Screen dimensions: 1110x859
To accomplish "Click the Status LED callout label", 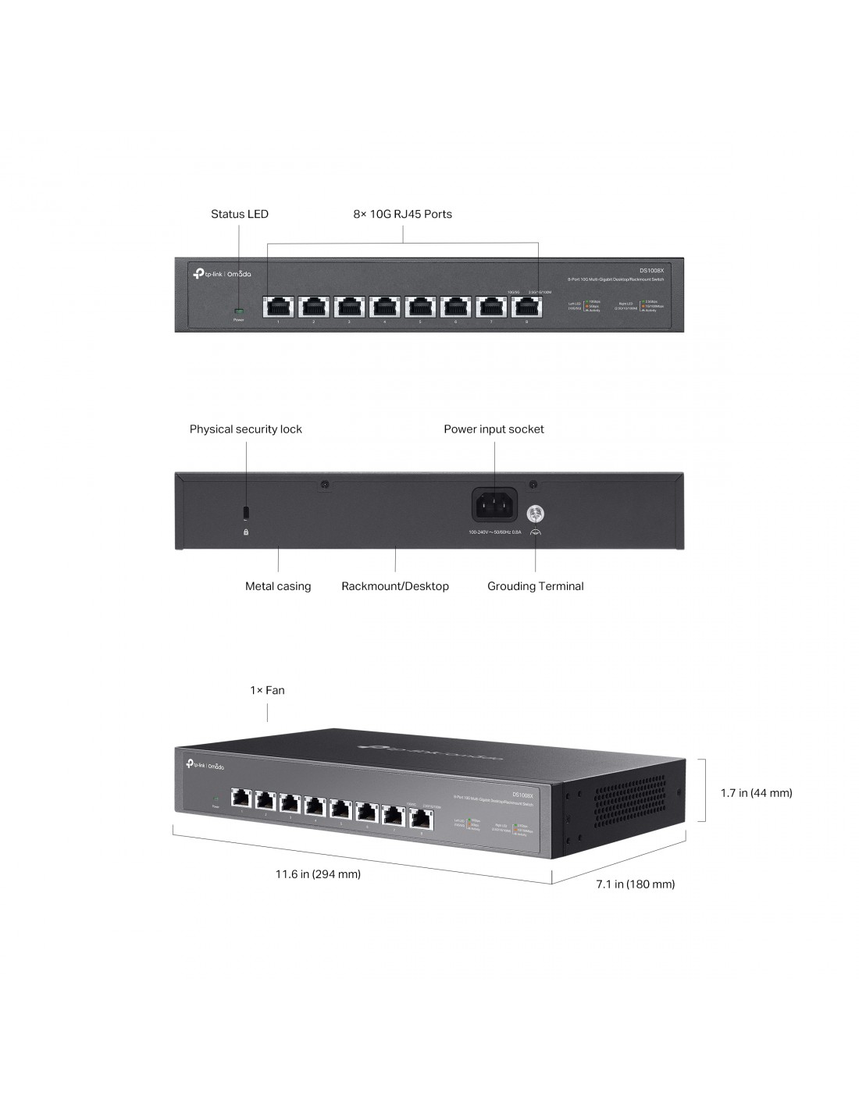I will click(x=239, y=214).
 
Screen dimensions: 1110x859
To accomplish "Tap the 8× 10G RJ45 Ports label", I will click(x=402, y=214).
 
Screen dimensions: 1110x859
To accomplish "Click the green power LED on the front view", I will click(x=238, y=311).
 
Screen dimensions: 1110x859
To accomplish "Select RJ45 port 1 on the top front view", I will click(x=279, y=306).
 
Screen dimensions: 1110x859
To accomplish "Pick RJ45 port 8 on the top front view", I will click(x=526, y=306).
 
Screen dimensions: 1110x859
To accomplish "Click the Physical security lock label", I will click(x=245, y=429).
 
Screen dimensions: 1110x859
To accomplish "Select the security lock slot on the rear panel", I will click(x=247, y=511).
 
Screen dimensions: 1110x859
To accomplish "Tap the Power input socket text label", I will click(x=494, y=429).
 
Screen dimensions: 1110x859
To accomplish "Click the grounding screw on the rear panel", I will click(x=536, y=513).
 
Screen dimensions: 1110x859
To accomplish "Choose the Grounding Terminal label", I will click(x=535, y=586).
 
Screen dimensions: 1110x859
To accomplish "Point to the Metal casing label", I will click(x=278, y=586).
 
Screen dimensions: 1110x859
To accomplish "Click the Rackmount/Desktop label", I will click(x=395, y=586).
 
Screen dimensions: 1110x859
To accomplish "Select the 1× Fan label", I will click(x=267, y=691).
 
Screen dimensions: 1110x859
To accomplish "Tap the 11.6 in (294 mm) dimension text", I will click(x=318, y=874).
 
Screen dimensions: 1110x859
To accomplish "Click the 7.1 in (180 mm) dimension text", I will click(x=635, y=884).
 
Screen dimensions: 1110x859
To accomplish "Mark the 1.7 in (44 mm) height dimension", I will click(x=756, y=793).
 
